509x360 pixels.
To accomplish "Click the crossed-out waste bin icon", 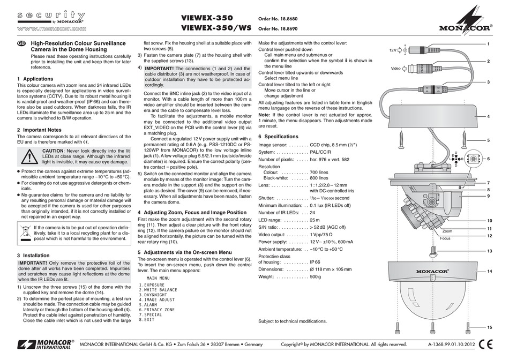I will tap(25, 232).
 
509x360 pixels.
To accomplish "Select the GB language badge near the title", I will tap(21, 43).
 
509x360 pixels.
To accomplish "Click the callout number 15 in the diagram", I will tap(489, 327).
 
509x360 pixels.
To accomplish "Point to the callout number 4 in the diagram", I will tap(489, 116).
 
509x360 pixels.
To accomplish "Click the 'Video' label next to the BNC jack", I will tap(395, 69).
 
